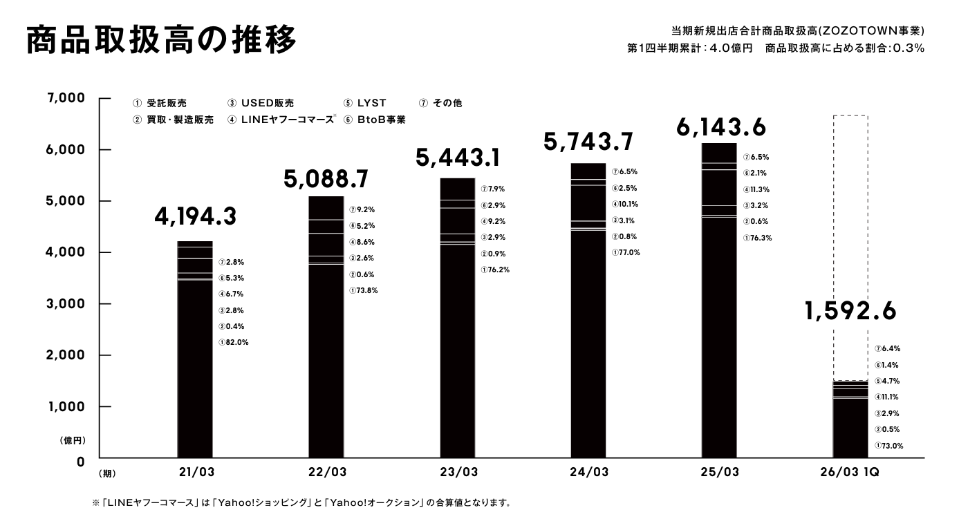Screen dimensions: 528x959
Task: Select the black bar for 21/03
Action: (195, 349)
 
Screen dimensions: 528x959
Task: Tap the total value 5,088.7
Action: (326, 179)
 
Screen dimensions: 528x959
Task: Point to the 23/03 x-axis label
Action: (458, 473)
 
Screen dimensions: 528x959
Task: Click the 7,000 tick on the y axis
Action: (66, 99)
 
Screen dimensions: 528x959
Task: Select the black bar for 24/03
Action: (588, 310)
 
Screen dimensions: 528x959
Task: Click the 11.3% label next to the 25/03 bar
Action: (756, 189)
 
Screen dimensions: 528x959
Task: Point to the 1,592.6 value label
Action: (850, 311)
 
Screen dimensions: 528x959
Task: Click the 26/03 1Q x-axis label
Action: (850, 473)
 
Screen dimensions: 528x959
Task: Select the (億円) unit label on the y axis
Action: (71, 440)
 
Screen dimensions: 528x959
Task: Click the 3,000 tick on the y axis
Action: (66, 304)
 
